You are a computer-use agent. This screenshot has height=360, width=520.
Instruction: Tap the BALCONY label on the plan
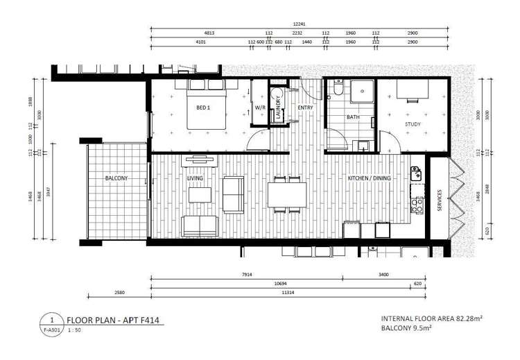tap(116, 178)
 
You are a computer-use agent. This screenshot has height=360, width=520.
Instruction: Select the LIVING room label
tap(196, 178)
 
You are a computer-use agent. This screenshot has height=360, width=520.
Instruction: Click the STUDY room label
tap(413, 124)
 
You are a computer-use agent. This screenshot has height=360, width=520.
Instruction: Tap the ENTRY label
tap(304, 108)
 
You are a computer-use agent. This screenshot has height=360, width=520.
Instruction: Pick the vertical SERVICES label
tap(440, 200)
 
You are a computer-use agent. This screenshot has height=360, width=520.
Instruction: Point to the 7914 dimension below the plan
tap(246, 275)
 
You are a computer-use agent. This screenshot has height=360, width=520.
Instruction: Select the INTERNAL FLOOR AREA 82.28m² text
tap(431, 318)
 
